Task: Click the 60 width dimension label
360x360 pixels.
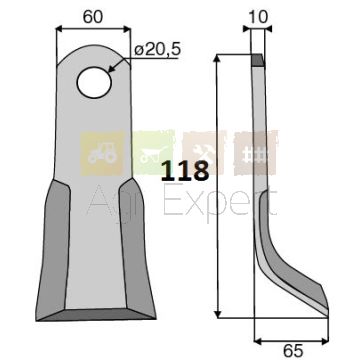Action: [x=93, y=17]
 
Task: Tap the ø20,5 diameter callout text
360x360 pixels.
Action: [x=157, y=50]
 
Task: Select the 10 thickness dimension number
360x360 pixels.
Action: [x=258, y=17]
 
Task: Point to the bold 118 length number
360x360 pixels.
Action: [x=185, y=170]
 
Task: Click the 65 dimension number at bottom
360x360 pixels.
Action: [x=293, y=351]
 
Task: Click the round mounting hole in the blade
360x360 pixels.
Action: [x=94, y=82]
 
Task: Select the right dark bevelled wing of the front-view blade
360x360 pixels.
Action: [x=137, y=248]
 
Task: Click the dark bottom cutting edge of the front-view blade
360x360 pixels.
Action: [x=96, y=314]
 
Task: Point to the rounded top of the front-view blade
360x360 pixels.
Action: [x=94, y=50]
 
